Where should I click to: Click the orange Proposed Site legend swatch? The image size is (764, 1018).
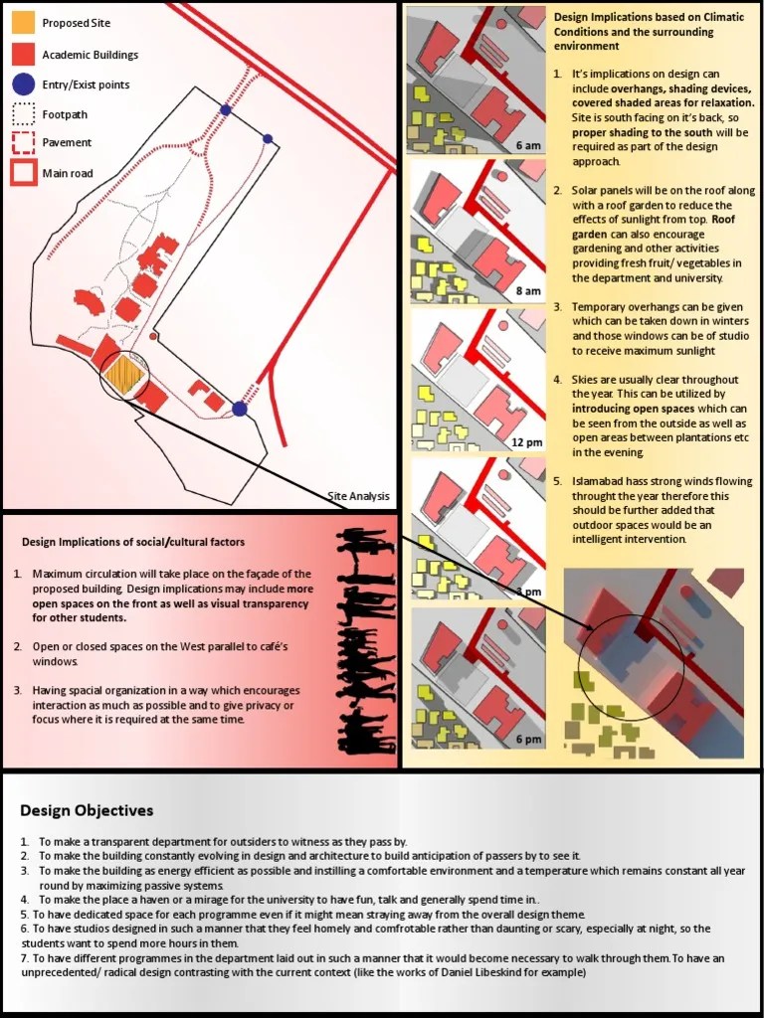point(24,22)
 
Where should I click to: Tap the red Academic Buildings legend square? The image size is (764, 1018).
point(24,54)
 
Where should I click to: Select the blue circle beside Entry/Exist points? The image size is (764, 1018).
point(24,85)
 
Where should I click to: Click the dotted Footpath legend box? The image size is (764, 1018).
point(24,114)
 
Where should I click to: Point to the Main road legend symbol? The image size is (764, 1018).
point(24,173)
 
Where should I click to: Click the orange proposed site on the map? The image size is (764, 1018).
point(124,376)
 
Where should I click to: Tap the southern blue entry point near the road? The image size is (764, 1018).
point(240,409)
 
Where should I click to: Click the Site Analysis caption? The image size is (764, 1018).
point(358,496)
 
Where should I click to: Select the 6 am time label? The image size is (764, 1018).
point(528,146)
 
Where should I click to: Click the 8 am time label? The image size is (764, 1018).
point(528,291)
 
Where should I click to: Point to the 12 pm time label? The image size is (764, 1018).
point(526,442)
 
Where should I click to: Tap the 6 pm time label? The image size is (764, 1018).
point(528,740)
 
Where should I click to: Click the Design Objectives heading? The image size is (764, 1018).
point(87,810)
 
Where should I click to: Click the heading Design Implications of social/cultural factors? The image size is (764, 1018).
point(133,542)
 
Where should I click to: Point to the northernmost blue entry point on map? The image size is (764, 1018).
point(226,109)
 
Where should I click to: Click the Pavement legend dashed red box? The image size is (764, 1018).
point(24,143)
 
